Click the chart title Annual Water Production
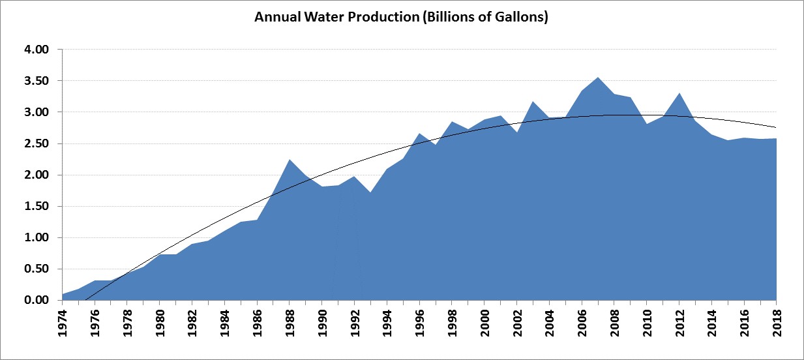[x=401, y=18]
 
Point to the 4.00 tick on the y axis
[x=36, y=50]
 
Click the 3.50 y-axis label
[x=36, y=81]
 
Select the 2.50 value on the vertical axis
[x=36, y=143]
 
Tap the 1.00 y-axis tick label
[x=36, y=237]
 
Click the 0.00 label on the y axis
[x=36, y=300]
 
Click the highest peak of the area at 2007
[x=598, y=78]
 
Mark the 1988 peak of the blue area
[x=290, y=159]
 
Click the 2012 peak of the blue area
[x=679, y=93]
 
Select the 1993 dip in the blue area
[x=370, y=192]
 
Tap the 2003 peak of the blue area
[x=533, y=102]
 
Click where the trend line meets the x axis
[x=85, y=300]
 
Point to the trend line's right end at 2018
[x=776, y=127]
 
